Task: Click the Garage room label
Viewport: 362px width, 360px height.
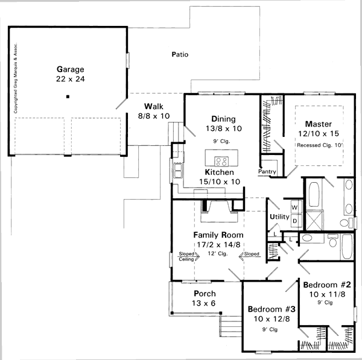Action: [x=71, y=69]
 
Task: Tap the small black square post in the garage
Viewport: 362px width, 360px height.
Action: [x=68, y=96]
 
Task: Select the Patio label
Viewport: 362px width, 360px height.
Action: [x=180, y=54]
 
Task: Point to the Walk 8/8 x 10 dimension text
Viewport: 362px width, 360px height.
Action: [x=154, y=116]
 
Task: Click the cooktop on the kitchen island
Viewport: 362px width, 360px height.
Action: [x=221, y=162]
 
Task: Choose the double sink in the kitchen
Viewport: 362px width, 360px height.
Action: [x=177, y=171]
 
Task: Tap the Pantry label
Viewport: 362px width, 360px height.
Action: [x=267, y=171]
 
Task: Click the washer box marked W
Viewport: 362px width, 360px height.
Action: [x=294, y=207]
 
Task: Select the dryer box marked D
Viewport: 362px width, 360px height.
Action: [x=295, y=221]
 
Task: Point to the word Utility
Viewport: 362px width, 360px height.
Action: [x=279, y=216]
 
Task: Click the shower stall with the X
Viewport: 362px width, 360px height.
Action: [x=314, y=220]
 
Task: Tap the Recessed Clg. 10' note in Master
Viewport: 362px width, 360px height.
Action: [x=320, y=145]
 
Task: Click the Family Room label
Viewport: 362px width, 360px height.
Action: [x=218, y=235]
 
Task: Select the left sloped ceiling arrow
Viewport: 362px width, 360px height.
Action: [x=189, y=256]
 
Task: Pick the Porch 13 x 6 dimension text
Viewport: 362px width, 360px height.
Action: [x=204, y=303]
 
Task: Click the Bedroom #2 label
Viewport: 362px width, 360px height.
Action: [x=327, y=285]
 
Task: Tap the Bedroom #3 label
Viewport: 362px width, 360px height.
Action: [x=271, y=309]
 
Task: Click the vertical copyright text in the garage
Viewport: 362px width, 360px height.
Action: [x=16, y=78]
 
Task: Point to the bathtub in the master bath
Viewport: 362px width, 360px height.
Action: [x=314, y=194]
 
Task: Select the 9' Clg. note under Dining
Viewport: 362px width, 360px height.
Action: [x=221, y=141]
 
